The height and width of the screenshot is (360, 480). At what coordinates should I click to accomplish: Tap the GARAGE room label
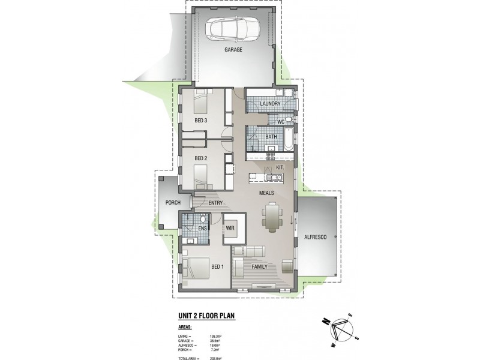pos(233,50)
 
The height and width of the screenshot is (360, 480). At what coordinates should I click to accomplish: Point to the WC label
pos(280,122)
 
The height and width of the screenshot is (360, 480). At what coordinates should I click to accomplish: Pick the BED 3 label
pos(201,121)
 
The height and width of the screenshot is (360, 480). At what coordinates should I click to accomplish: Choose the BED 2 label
pos(201,158)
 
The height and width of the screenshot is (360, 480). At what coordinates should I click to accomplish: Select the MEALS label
pos(267,193)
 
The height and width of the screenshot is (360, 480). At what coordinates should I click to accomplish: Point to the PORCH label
pos(173,203)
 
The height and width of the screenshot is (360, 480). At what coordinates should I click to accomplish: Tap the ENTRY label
pos(216,203)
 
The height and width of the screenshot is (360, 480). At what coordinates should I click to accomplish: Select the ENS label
pos(202,229)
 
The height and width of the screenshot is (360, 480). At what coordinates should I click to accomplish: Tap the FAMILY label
pos(260,266)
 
